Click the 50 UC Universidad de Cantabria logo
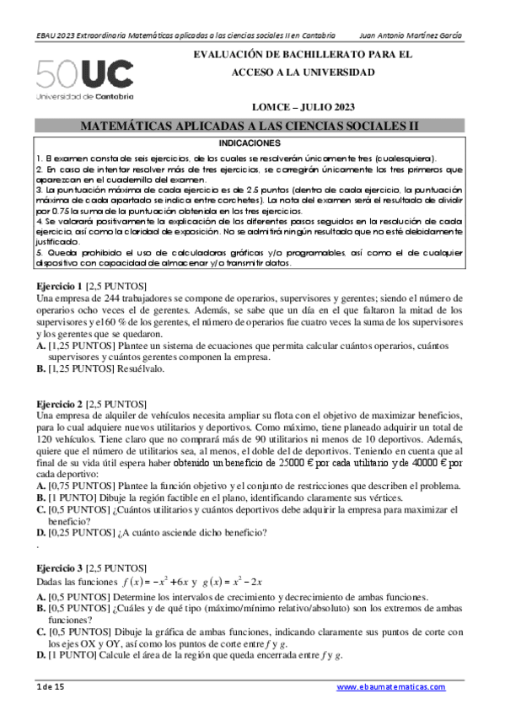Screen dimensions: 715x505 click(x=84, y=79)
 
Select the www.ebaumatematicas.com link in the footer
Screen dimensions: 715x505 click(x=391, y=687)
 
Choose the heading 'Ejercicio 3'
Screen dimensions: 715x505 click(x=60, y=568)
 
